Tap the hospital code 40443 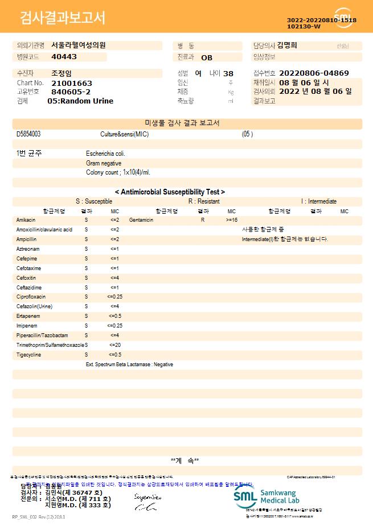[x=64, y=57]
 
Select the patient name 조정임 [x=62, y=73]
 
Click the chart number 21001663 [x=71, y=83]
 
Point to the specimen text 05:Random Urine [x=80, y=101]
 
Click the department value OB [x=207, y=57]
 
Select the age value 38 [x=228, y=73]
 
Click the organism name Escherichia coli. [x=105, y=154]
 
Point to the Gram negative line [x=104, y=163]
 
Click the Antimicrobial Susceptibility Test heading [x=170, y=192]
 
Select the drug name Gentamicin [x=142, y=219]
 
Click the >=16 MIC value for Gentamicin [x=232, y=219]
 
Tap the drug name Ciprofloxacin [x=31, y=297]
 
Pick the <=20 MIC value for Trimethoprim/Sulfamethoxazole [x=114, y=345]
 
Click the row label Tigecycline [x=28, y=355]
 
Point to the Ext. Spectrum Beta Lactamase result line [x=129, y=365]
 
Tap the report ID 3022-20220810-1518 [x=322, y=20]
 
